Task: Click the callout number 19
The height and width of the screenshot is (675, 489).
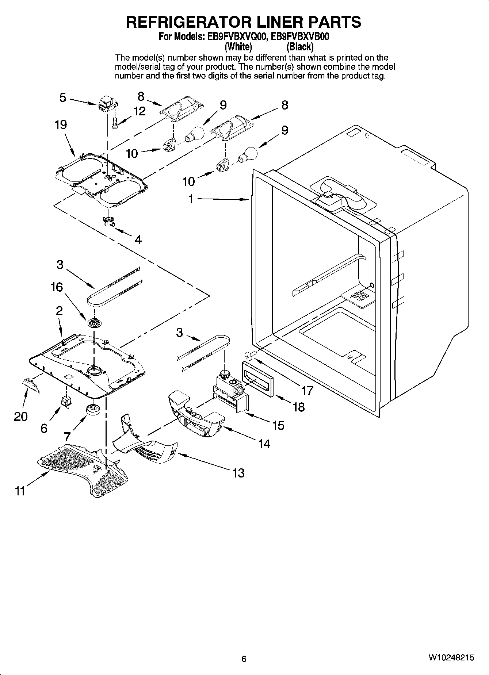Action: click(61, 125)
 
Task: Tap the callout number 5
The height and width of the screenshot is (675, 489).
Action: click(63, 98)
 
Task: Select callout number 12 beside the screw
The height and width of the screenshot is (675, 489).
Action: click(139, 111)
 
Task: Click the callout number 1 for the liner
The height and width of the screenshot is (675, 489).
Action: click(191, 199)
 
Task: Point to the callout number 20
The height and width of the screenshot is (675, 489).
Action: click(21, 416)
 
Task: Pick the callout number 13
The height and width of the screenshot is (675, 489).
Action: click(238, 473)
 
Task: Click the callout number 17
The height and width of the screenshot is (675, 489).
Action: click(307, 391)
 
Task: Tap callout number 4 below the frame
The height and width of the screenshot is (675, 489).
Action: click(138, 239)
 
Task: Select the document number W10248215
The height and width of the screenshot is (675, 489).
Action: click(451, 657)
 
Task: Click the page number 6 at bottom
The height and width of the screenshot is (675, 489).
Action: click(244, 659)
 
